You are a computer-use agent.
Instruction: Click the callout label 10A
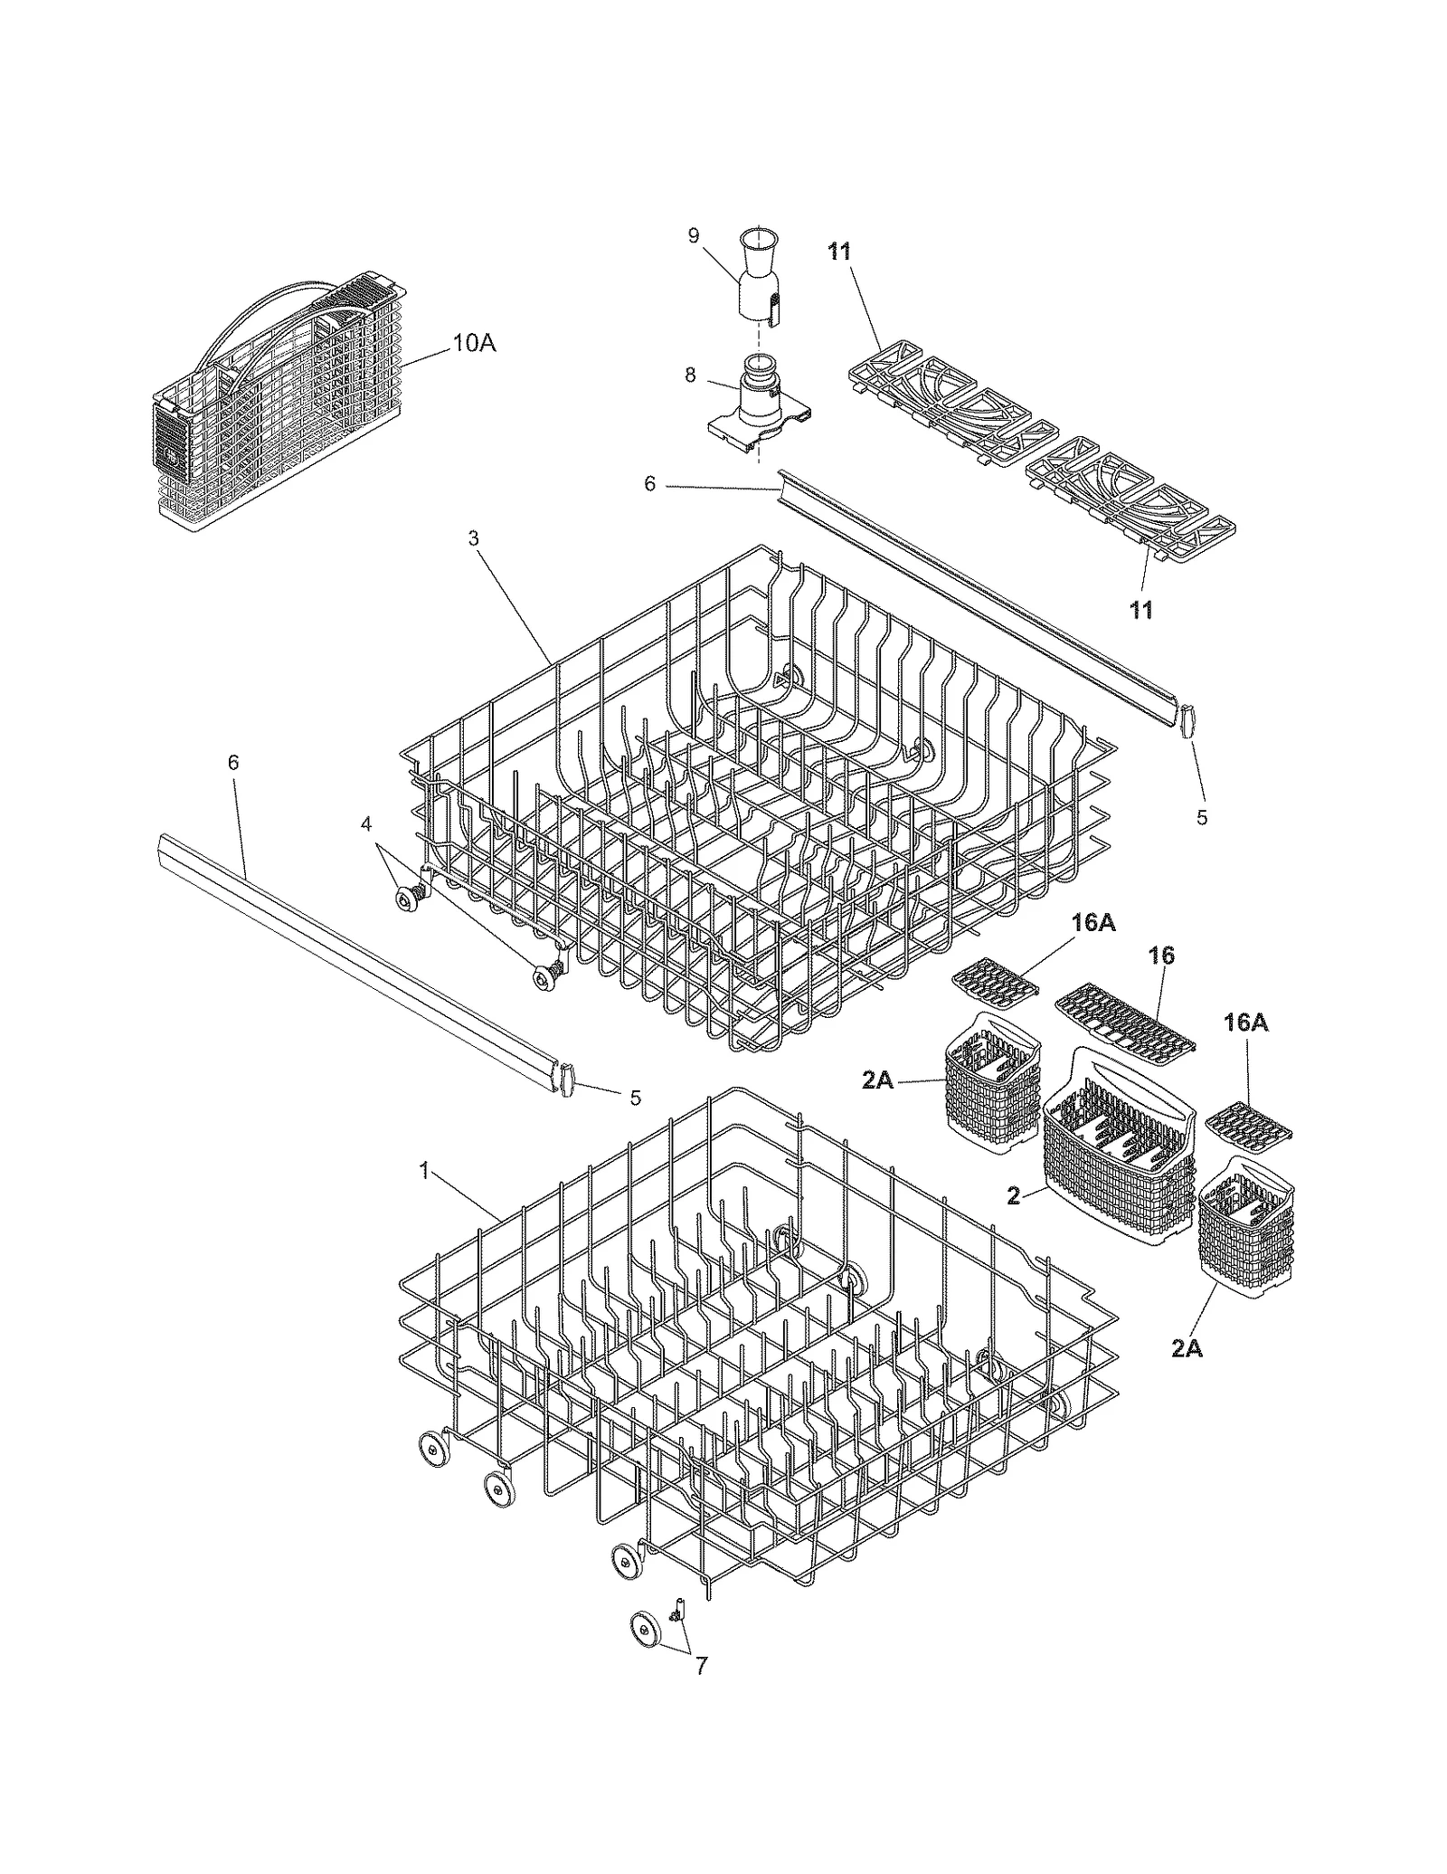(474, 343)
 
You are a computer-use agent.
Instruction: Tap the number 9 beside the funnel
(694, 236)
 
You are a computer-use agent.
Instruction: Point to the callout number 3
(473, 538)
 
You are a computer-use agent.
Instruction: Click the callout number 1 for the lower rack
(423, 1171)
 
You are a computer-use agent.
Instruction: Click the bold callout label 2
(1013, 1196)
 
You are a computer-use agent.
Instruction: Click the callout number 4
(365, 824)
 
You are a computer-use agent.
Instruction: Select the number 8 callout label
(690, 376)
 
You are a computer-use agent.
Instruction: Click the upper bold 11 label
(839, 252)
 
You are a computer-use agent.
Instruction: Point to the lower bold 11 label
(1141, 610)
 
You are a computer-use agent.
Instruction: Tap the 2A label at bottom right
(1187, 1374)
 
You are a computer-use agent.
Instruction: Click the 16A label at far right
(1245, 1023)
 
